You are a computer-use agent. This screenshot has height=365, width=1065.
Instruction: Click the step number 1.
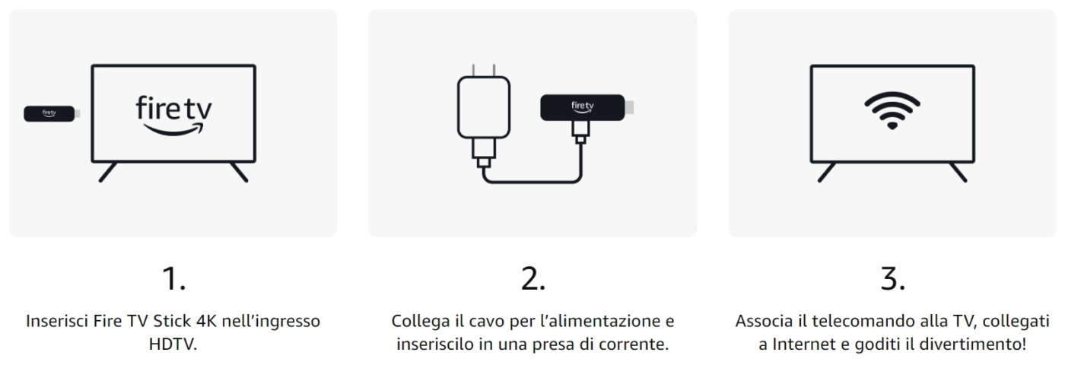(x=173, y=278)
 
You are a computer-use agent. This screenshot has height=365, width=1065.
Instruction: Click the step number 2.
(x=533, y=278)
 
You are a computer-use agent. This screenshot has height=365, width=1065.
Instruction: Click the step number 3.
(x=892, y=278)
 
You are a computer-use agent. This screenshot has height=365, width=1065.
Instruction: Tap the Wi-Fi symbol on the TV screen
(x=892, y=110)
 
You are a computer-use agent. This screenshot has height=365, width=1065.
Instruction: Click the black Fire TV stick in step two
(x=583, y=107)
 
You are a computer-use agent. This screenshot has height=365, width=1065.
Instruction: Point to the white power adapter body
(x=484, y=107)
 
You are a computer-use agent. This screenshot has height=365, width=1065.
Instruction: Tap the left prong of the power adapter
(x=473, y=70)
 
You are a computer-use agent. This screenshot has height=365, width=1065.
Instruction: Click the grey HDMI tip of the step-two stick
(x=630, y=107)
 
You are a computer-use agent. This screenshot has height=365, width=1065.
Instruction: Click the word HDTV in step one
(x=173, y=344)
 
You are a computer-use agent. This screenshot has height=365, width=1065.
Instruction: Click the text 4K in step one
(x=206, y=321)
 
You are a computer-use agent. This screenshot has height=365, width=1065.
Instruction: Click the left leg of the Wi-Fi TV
(x=826, y=172)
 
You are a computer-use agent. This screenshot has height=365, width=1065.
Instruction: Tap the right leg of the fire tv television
(x=239, y=172)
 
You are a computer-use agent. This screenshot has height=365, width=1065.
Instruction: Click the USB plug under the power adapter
(x=484, y=154)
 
